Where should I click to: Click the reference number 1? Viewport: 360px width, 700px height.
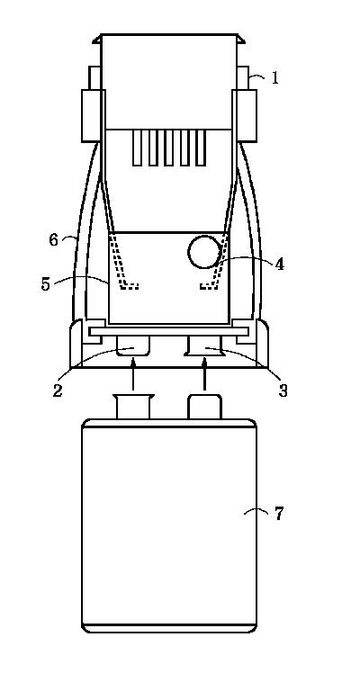click(275, 78)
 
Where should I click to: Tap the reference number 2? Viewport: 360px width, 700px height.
click(58, 390)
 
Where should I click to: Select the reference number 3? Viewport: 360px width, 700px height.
click(283, 390)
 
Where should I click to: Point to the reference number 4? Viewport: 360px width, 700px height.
click(279, 265)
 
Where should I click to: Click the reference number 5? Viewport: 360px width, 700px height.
click(46, 284)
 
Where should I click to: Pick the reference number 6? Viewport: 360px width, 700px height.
click(54, 240)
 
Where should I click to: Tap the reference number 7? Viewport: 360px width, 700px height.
click(279, 514)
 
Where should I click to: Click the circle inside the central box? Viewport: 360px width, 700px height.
click(204, 252)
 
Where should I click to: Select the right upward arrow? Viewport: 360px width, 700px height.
click(205, 375)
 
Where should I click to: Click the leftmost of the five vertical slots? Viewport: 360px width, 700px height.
click(137, 148)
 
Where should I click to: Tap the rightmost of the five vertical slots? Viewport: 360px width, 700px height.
click(202, 148)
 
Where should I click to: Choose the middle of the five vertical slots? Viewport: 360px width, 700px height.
click(169, 148)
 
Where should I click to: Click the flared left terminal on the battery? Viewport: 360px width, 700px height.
click(133, 407)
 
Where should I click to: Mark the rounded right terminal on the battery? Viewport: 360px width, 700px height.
click(205, 407)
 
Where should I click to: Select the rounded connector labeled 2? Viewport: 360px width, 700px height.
click(132, 346)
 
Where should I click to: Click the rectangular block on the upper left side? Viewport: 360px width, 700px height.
click(94, 116)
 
